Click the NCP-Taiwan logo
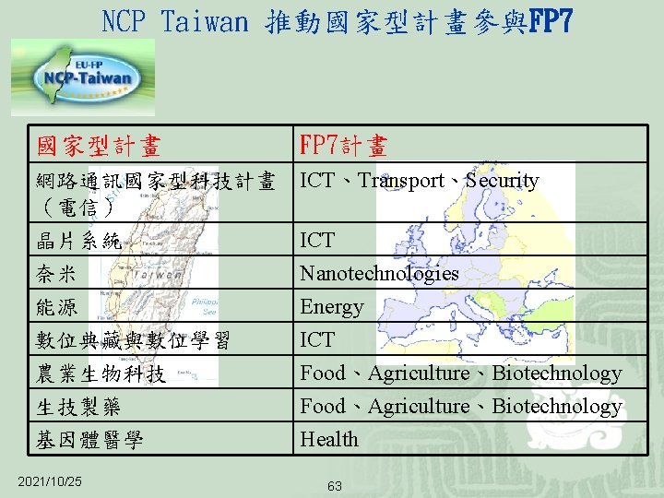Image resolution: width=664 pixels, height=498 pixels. (x=83, y=77)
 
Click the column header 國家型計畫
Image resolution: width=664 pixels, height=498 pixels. (x=99, y=146)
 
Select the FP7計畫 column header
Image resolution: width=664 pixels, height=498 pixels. (x=343, y=146)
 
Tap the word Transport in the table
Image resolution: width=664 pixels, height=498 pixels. (x=401, y=181)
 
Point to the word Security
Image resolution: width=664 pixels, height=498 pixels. (x=502, y=181)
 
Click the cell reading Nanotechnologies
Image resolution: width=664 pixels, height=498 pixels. (x=379, y=274)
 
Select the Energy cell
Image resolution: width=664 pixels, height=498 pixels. (x=332, y=307)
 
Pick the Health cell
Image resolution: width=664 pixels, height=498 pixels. (x=329, y=440)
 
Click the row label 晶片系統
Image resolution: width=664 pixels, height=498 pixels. (x=78, y=242)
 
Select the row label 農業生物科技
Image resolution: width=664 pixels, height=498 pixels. (x=101, y=374)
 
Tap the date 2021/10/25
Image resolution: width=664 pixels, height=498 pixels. (x=50, y=481)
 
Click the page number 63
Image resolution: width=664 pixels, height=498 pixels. (x=335, y=486)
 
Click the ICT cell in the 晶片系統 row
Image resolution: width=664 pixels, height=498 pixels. (x=317, y=241)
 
